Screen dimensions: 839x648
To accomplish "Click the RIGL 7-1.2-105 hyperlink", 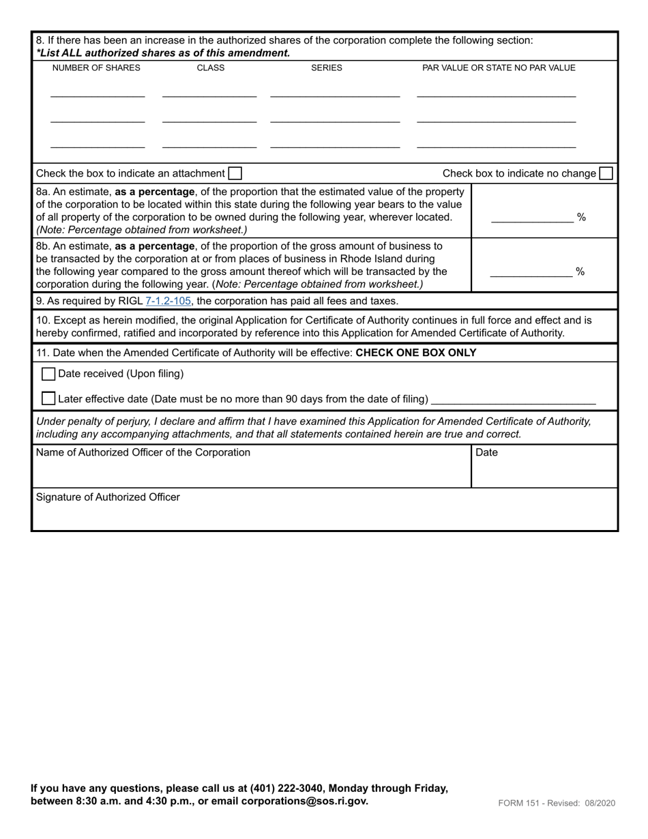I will coord(168,301).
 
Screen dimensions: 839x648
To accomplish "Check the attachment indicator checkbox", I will coord(235,174).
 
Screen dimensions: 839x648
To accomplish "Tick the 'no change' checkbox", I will coord(606,174).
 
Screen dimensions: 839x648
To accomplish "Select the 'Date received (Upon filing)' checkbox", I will coord(48,374).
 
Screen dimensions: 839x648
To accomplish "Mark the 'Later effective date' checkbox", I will coord(48,398).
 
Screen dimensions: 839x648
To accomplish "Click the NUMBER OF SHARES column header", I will coord(96,68).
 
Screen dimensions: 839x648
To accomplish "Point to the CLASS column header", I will coord(210,68).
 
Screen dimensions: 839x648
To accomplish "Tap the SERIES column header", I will coord(327,68).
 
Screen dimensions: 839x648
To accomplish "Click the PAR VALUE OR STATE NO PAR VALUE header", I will coord(499,68).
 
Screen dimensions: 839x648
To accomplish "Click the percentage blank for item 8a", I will coord(532,218).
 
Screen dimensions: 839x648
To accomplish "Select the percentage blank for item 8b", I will coord(531,272).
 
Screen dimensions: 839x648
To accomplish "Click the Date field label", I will coord(486,452).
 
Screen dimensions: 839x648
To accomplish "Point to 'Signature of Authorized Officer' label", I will coord(108,497).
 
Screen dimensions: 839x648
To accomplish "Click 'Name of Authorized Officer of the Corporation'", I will coord(143,452).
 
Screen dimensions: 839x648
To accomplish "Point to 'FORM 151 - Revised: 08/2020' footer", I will coord(557,803).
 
